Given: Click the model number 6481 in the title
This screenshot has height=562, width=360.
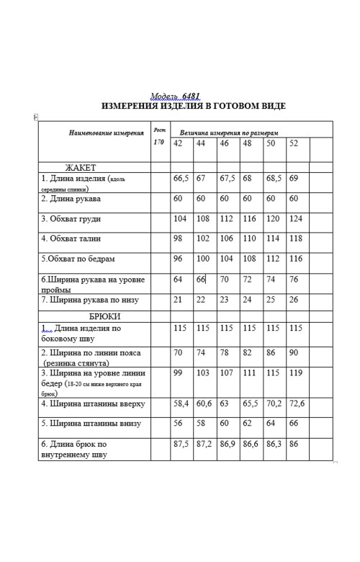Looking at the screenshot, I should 191,95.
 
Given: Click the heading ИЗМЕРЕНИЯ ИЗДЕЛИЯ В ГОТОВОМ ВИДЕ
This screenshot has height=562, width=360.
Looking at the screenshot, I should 184,106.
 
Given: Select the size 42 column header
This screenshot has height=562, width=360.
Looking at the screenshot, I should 177,143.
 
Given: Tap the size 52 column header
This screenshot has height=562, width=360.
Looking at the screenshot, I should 293,143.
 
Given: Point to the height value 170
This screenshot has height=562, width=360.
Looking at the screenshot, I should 159,143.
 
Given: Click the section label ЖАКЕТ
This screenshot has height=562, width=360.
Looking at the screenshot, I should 81,166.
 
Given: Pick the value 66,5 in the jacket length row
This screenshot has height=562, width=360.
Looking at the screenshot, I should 181,177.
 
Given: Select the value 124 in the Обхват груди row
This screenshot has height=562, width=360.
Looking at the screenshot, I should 296,218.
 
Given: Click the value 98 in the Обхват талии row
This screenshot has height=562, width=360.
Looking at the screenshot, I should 178,238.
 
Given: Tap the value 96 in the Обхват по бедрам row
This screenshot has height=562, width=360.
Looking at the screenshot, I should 178,258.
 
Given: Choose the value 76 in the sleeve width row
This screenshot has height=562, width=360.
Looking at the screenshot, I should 294,279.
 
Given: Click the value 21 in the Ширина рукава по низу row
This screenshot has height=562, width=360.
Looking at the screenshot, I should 177,299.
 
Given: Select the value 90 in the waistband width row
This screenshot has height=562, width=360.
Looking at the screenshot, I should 293,353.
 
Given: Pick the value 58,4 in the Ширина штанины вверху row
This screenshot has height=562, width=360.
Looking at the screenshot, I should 181,404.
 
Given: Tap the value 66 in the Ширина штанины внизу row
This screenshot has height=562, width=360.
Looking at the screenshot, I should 293,424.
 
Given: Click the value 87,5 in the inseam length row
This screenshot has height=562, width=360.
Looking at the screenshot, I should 181,445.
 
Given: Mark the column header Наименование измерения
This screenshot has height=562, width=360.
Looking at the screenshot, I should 106,134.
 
